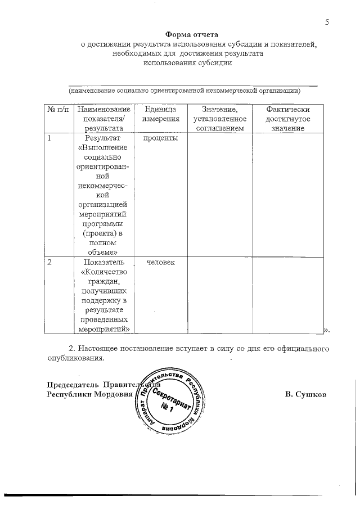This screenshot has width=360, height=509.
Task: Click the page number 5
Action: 326,22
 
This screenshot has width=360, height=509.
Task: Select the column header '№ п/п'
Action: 58,109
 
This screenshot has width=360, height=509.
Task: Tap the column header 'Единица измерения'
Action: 160,114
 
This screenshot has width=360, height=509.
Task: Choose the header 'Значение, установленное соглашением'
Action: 219,119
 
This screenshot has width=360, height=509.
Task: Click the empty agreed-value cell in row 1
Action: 219,194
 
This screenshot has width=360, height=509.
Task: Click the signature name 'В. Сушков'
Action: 305,394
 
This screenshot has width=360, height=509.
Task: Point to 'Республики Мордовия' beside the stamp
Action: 89,394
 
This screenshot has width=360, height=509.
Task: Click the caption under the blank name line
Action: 184,90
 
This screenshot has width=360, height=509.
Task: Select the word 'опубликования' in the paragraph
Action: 74,358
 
